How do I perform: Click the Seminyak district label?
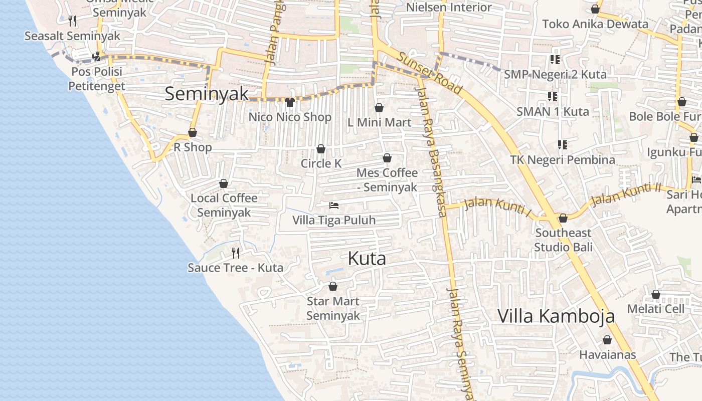click(207, 94)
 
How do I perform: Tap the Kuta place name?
click(367, 259)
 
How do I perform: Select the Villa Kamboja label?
click(556, 316)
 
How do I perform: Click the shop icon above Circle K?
click(321, 149)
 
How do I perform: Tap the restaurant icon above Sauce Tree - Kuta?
click(236, 253)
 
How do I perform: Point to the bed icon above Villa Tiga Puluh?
click(334, 206)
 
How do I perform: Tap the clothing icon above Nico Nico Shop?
click(289, 102)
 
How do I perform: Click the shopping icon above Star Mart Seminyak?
click(332, 286)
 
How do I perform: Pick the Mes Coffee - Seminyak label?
click(387, 179)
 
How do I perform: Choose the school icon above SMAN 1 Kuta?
click(553, 96)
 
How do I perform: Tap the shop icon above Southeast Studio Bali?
click(563, 218)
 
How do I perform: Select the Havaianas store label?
click(607, 355)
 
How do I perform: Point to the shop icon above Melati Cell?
click(656, 294)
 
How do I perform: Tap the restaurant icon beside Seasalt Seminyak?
click(72, 21)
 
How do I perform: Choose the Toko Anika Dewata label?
click(595, 24)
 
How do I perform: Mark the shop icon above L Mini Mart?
click(379, 108)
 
